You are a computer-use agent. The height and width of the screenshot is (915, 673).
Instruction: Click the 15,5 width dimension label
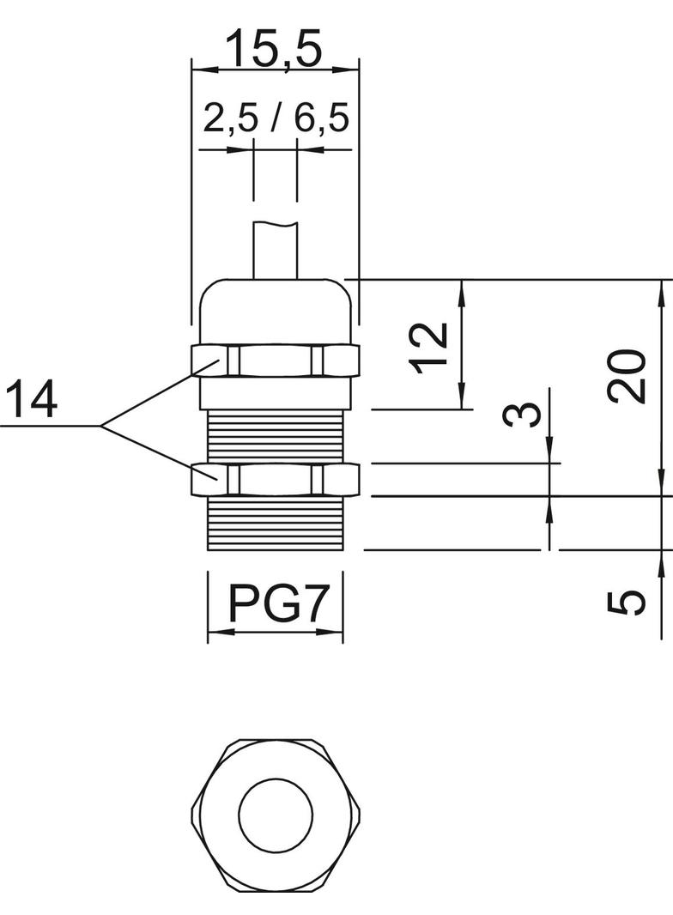point(274,49)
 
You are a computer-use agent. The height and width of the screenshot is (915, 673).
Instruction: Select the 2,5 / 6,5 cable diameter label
point(276,119)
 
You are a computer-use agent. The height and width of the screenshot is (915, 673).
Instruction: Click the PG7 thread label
point(276,603)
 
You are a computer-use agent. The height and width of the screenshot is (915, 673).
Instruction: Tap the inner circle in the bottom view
point(275,813)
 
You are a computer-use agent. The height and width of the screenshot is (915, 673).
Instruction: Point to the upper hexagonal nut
point(275,360)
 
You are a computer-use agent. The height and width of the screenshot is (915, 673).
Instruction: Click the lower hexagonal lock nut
point(275,479)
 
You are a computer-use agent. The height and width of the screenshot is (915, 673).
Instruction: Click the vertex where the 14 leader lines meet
point(101,426)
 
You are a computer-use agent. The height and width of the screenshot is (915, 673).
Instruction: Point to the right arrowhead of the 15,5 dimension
point(350,68)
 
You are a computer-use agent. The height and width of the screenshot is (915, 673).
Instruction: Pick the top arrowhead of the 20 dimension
point(661,288)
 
